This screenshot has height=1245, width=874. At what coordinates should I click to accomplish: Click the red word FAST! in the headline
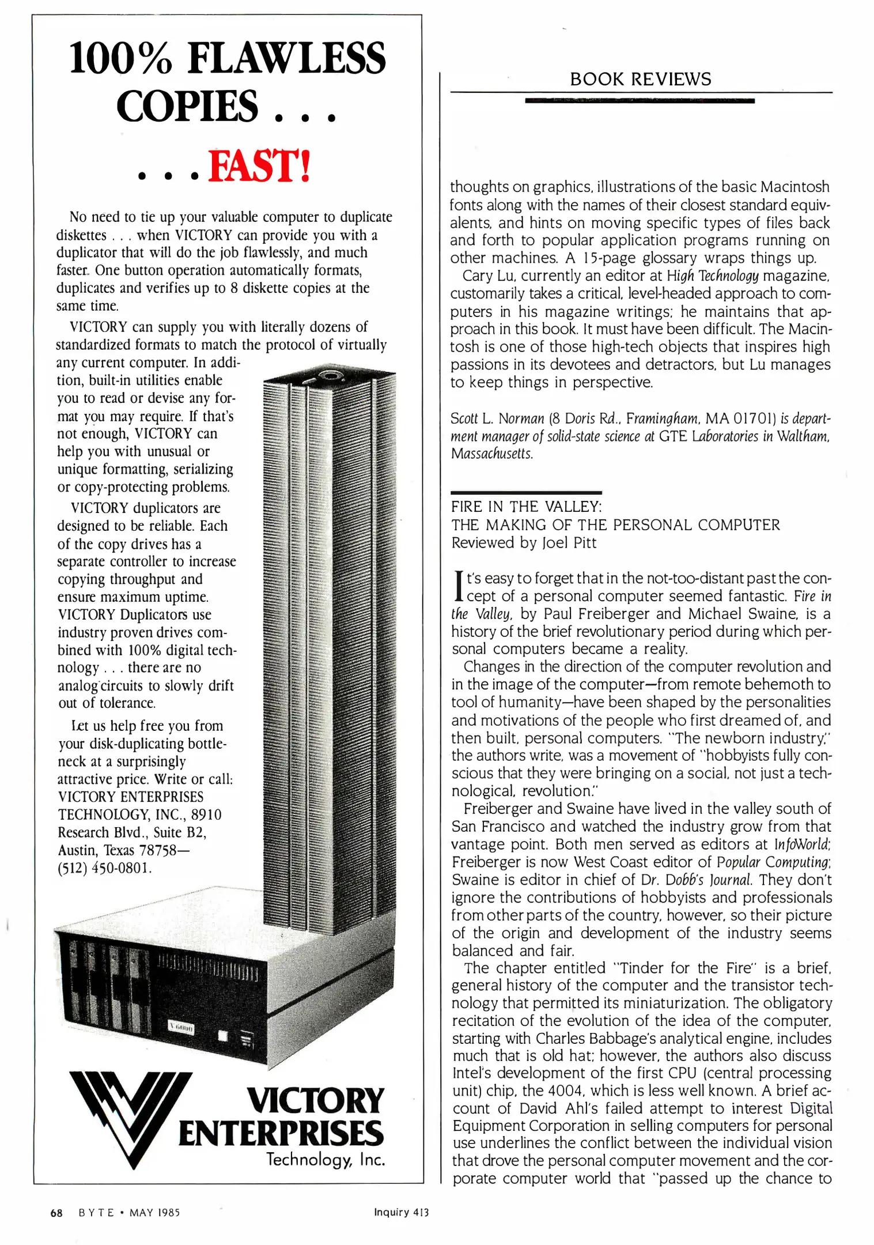259,166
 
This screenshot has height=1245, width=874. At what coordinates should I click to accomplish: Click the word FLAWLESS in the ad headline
286,59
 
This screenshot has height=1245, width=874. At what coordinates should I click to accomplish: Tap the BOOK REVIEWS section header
640,79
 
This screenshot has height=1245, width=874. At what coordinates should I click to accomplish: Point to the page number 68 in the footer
56,1212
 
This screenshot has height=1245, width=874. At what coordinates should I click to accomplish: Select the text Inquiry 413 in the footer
401,1212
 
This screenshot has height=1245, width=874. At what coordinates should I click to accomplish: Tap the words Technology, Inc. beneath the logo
325,1159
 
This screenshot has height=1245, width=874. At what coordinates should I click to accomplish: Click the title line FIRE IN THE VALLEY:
526,507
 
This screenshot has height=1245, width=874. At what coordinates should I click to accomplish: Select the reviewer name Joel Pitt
569,543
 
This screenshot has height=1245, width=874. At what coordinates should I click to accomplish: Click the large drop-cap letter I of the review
459,587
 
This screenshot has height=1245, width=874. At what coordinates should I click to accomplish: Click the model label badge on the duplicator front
181,1028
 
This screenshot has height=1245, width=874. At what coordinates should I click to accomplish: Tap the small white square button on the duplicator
222,1037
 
